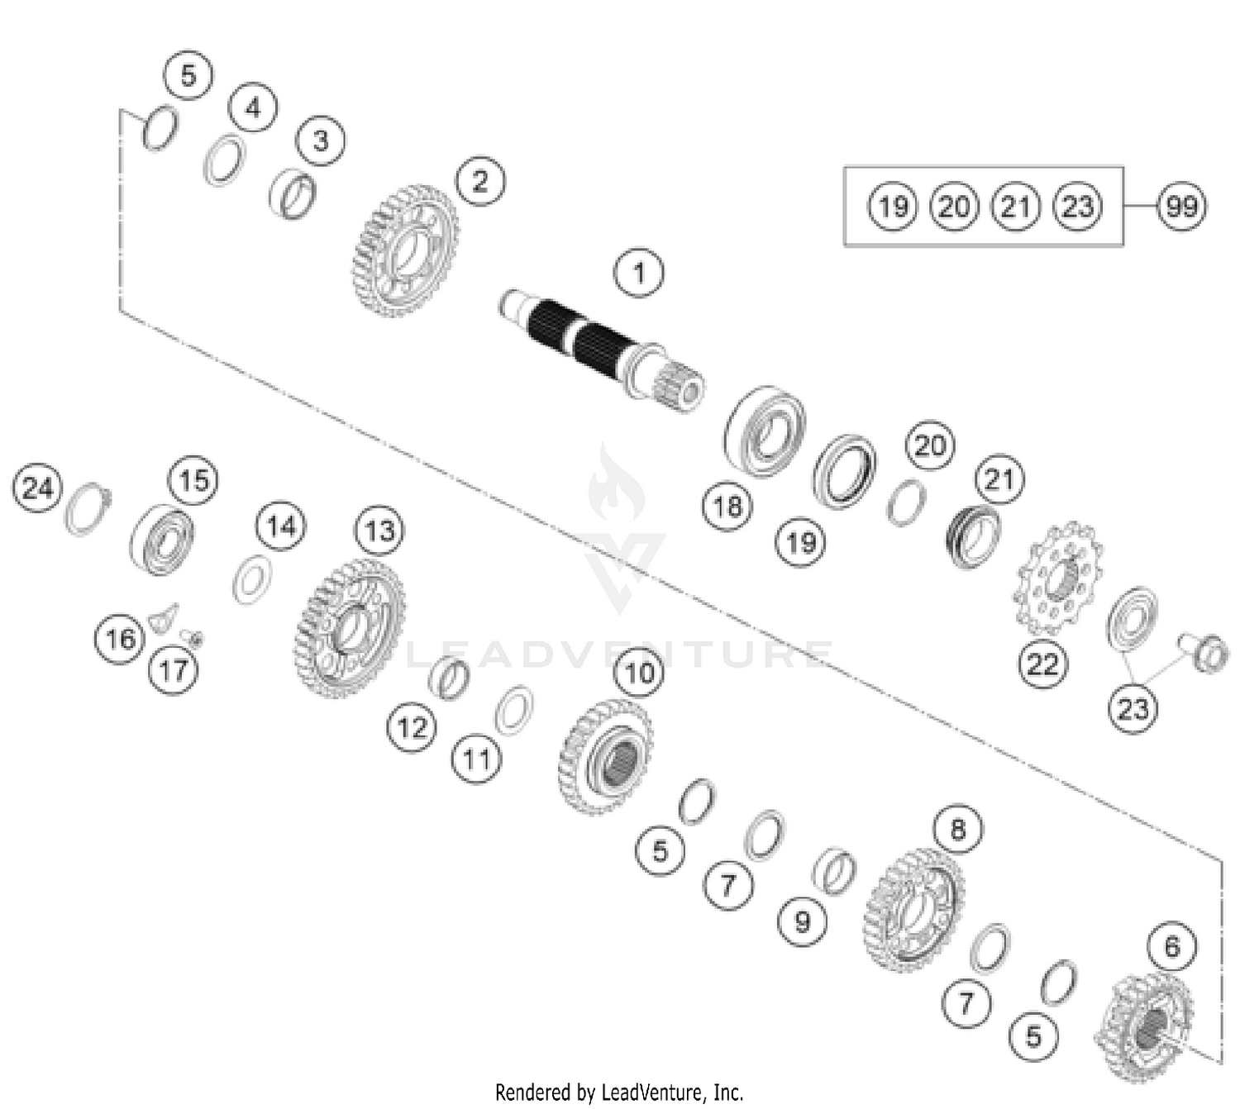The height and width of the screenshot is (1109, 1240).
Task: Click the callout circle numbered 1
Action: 638,272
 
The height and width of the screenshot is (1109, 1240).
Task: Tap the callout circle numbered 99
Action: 1181,206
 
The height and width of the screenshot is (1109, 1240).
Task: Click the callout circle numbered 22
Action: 1042,664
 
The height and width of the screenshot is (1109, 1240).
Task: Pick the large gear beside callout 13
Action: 349,627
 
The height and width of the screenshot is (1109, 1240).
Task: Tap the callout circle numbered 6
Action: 1172,946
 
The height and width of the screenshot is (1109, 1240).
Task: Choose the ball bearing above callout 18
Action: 765,431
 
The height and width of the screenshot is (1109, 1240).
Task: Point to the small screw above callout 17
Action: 193,637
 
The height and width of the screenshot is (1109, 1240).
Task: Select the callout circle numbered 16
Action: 120,638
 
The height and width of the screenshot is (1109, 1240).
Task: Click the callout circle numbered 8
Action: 957,828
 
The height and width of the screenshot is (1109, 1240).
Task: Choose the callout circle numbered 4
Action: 253,107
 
